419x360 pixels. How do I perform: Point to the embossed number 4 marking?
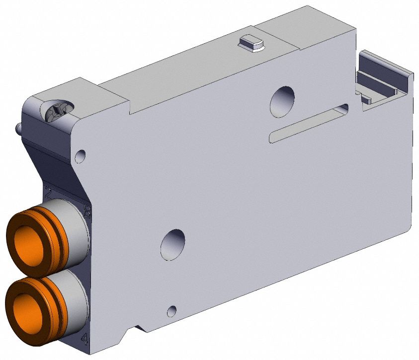click(84, 339)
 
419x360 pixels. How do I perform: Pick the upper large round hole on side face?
click(282, 101)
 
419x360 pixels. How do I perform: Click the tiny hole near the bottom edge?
click(171, 311)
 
